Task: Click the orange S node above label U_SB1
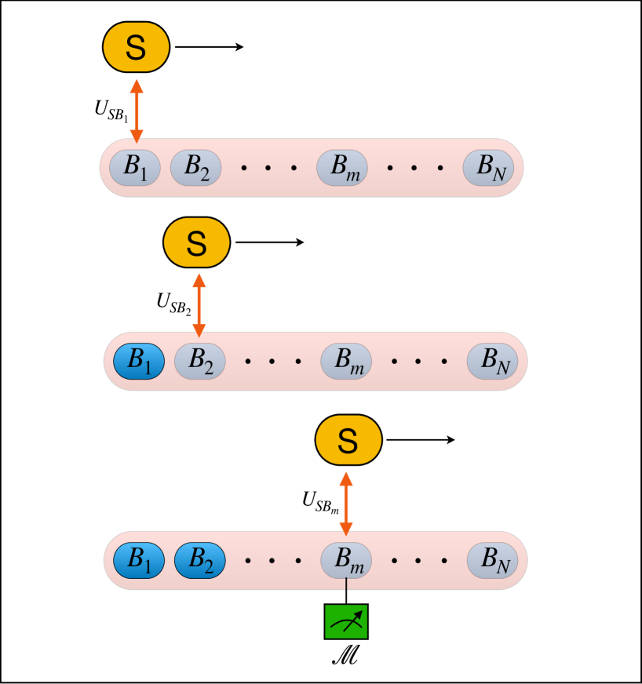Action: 136,47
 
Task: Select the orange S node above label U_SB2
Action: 196,242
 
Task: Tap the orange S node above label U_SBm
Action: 348,439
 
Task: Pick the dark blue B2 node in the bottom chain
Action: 200,560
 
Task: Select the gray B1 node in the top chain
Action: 135,167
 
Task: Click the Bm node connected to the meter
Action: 346,560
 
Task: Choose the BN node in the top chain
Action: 487,167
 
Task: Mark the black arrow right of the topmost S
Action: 210,47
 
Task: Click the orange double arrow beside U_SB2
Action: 198,305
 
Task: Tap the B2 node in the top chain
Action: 195,167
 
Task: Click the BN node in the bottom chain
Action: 492,560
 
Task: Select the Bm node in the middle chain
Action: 346,361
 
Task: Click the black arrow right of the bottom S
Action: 421,439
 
